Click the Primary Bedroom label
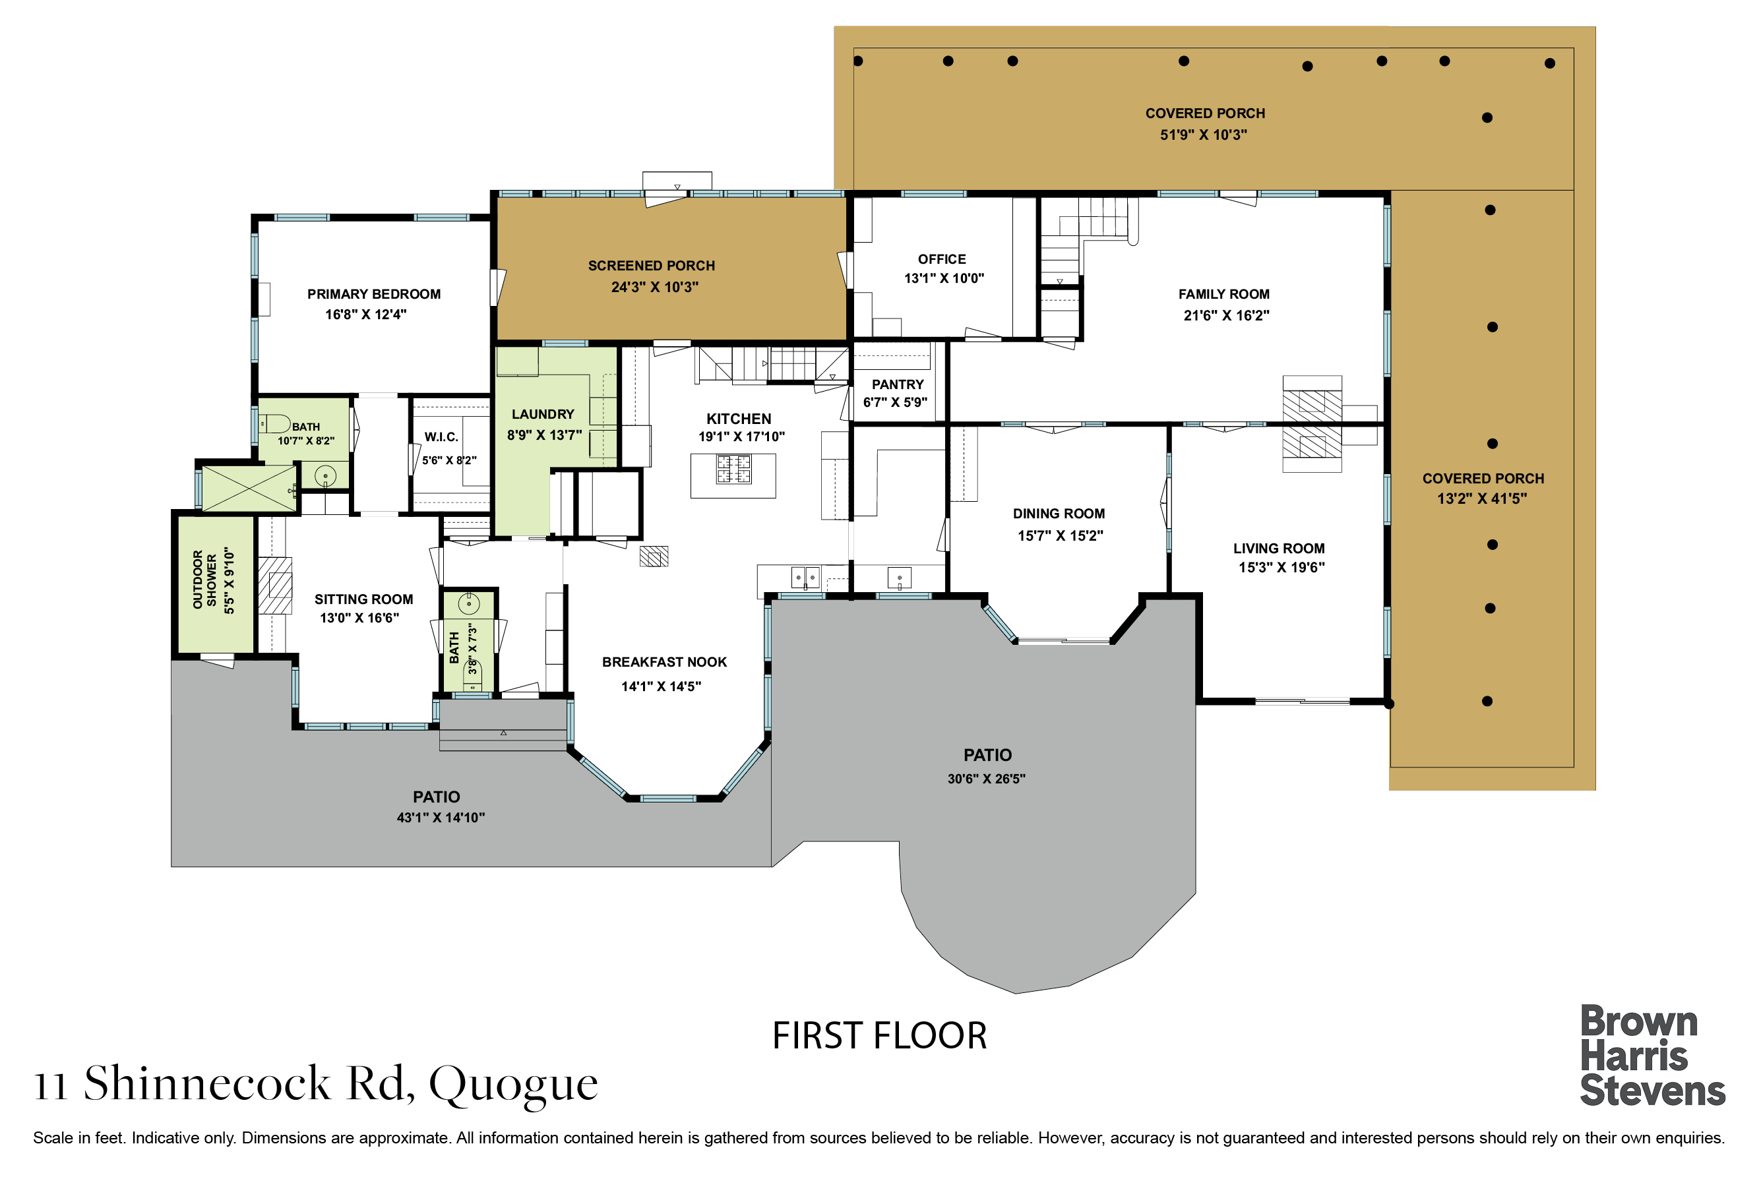click(374, 294)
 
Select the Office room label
click(942, 259)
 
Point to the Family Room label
click(1223, 294)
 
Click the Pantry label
click(898, 384)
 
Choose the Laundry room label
click(543, 414)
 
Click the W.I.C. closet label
click(441, 437)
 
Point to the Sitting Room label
click(364, 599)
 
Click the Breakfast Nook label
click(664, 662)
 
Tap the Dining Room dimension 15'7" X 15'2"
click(1060, 535)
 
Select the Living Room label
click(1278, 549)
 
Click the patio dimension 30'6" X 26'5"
click(987, 779)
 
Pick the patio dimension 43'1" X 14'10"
click(441, 818)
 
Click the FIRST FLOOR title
click(879, 1036)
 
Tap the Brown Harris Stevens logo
click(1652, 1056)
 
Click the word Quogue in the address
click(514, 1085)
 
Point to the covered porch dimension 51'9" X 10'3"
click(1204, 135)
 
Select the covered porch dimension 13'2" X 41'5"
click(1482, 498)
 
